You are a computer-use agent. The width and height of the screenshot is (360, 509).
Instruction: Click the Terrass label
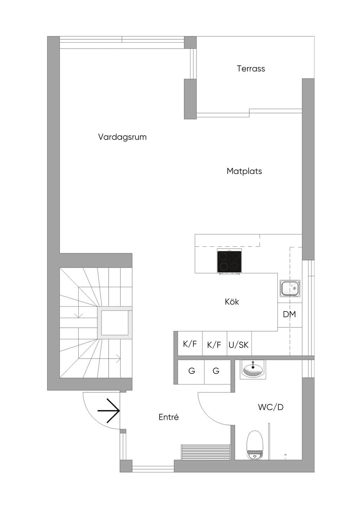251,68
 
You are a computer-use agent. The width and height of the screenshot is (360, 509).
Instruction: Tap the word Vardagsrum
122,137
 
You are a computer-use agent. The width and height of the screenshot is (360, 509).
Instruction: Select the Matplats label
244,171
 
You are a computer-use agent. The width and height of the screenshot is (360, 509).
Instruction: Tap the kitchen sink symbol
290,288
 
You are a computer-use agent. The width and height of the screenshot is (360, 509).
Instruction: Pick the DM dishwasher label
289,314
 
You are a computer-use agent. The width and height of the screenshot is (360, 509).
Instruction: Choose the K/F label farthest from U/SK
189,344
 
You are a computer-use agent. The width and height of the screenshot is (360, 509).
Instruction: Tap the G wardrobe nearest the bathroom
216,371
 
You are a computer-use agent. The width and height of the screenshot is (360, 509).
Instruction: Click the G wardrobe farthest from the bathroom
192,371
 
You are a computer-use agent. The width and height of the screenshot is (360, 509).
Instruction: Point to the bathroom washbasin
253,370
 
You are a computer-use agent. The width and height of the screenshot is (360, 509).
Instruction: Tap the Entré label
168,417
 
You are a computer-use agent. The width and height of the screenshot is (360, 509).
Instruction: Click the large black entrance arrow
109,411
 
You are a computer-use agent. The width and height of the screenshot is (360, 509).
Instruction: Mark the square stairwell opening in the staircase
115,323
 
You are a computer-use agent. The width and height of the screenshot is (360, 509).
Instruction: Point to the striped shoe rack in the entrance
205,452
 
